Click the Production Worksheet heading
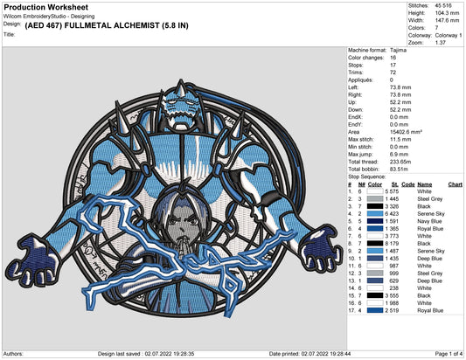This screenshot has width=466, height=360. tap(46, 7)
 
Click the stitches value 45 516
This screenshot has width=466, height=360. tap(443, 5)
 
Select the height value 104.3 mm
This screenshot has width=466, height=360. tap(447, 13)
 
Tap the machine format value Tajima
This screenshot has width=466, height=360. tap(398, 50)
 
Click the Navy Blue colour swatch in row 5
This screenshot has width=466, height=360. tap(375, 221)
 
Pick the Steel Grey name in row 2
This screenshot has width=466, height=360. tap(430, 199)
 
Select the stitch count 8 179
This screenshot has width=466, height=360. tap(392, 244)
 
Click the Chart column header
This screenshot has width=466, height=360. tap(455, 184)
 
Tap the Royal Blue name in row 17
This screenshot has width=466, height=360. tap(430, 311)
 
